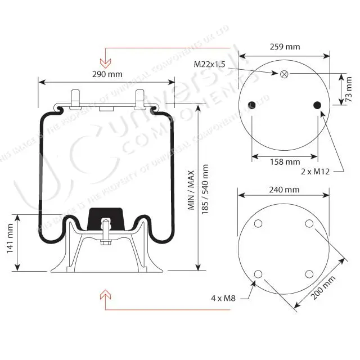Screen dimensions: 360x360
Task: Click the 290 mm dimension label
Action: (106, 74)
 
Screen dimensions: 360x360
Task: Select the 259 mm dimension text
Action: (285, 46)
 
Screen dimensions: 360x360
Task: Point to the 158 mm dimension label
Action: (285, 162)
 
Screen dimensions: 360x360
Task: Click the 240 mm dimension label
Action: (284, 190)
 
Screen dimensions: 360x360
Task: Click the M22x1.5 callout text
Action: (209, 64)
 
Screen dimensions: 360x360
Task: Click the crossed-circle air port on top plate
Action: (284, 74)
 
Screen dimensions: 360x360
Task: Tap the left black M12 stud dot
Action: (251, 105)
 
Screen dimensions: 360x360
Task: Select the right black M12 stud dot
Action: (317, 105)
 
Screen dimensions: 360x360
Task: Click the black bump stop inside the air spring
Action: (106, 217)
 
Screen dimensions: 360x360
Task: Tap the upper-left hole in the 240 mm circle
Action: (258, 224)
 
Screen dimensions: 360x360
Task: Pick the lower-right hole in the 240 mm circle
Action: (309, 274)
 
